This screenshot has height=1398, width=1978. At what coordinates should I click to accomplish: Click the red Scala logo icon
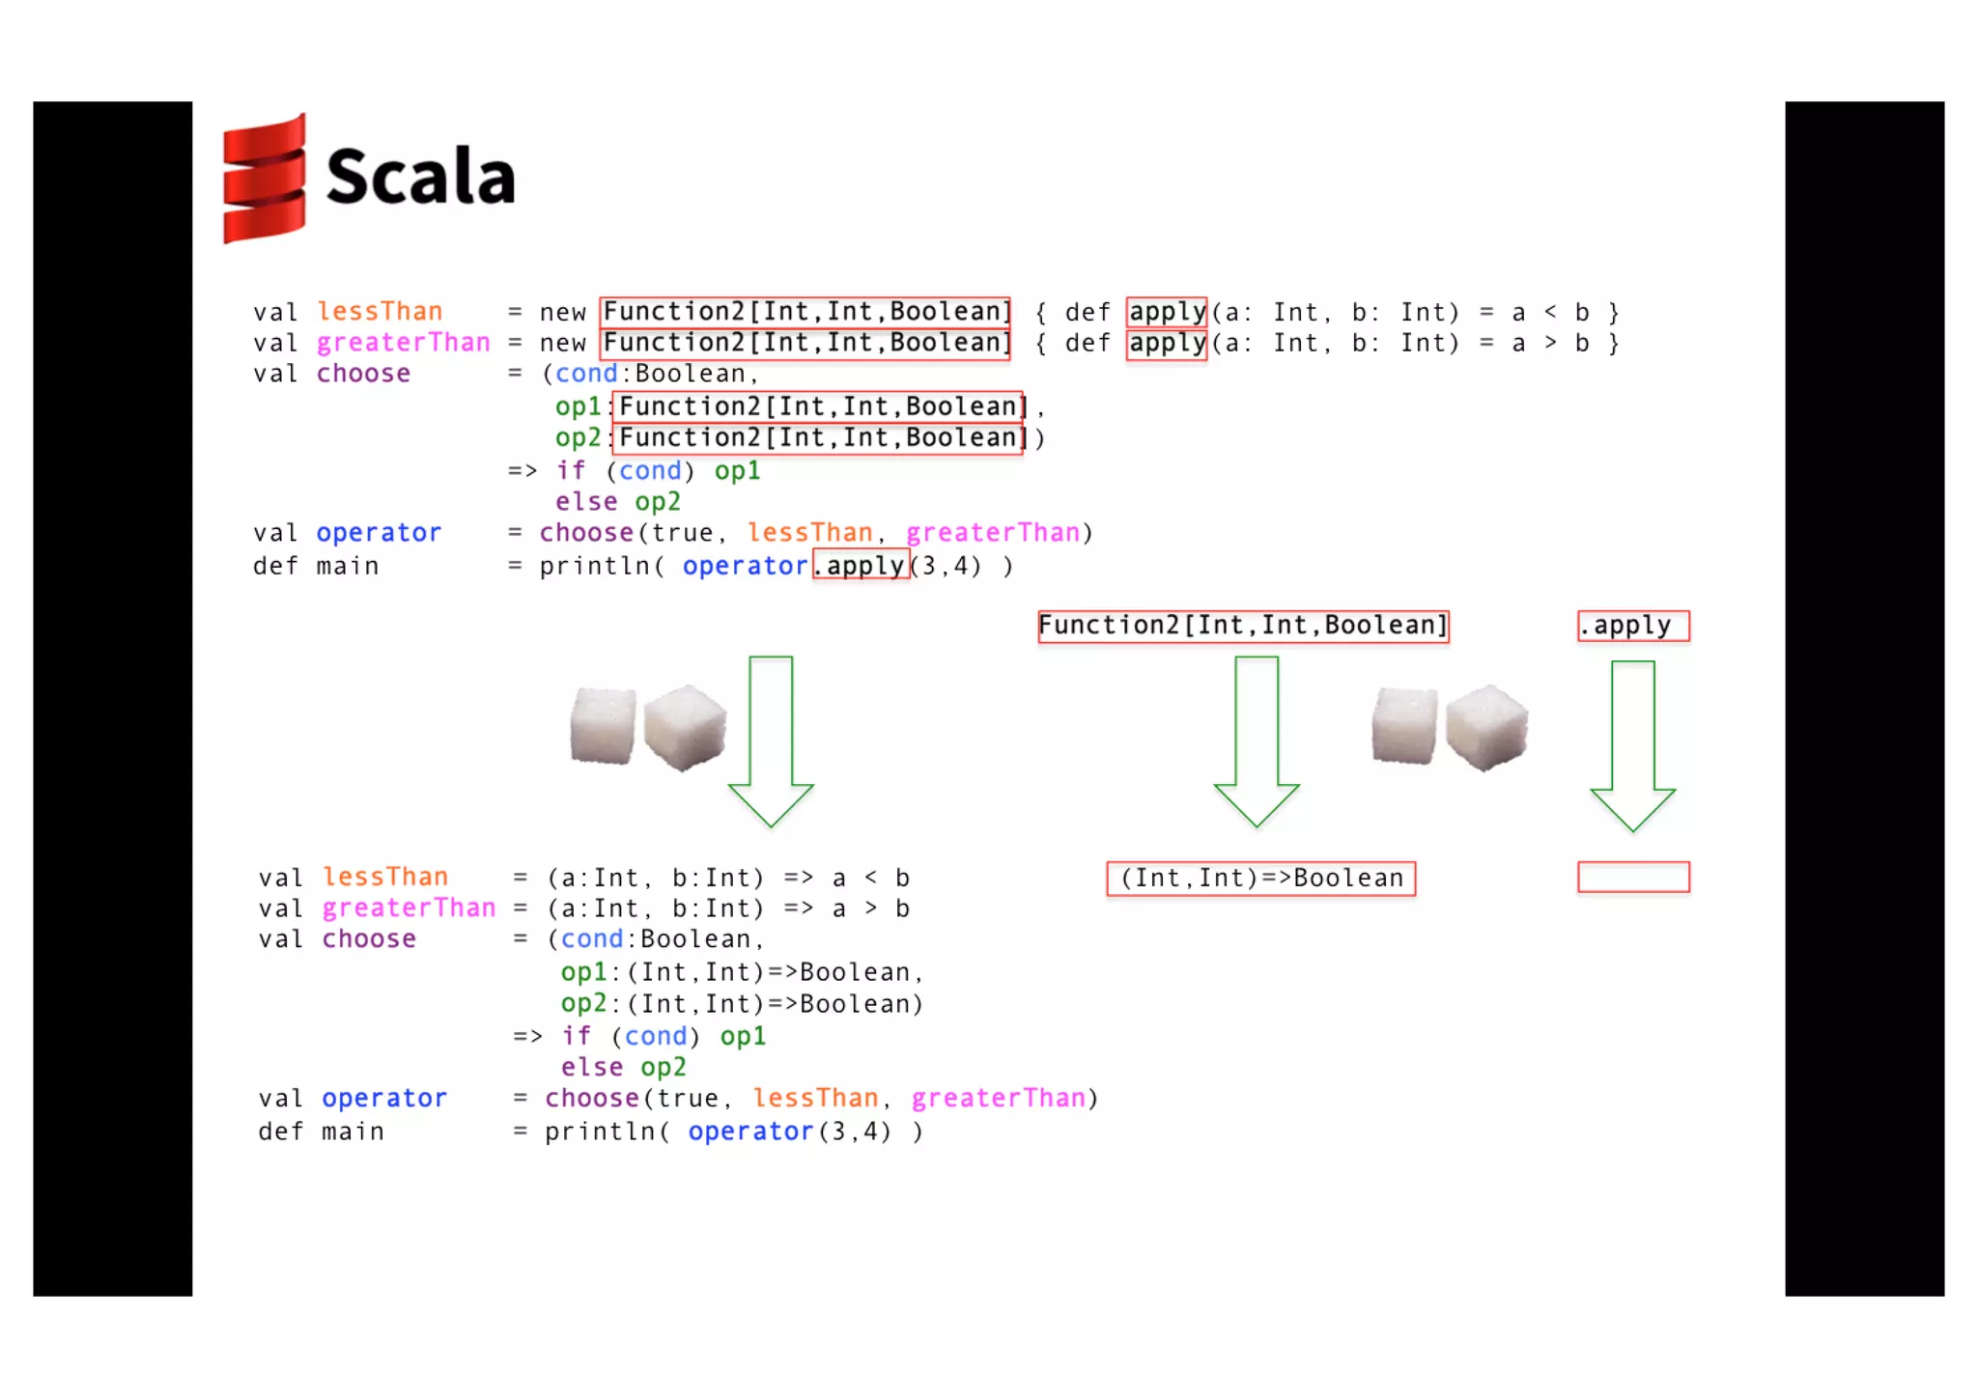(x=263, y=179)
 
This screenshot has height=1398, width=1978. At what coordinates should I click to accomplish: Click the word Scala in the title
(x=420, y=177)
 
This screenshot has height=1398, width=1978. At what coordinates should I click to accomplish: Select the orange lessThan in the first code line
(x=380, y=311)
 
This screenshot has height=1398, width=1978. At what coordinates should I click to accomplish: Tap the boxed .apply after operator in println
(x=861, y=566)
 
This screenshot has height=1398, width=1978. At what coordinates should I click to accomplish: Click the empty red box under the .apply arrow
(x=1632, y=877)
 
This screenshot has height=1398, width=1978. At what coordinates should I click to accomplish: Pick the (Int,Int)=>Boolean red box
(x=1260, y=878)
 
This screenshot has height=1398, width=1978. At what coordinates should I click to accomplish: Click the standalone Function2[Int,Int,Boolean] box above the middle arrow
(x=1243, y=626)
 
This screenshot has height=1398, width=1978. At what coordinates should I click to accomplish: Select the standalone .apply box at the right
(x=1632, y=626)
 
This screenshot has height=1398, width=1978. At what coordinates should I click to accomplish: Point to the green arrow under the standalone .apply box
(x=1632, y=743)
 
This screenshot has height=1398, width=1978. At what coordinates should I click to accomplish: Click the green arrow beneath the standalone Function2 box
(x=1256, y=740)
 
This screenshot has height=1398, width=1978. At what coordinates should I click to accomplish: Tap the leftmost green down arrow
(x=771, y=740)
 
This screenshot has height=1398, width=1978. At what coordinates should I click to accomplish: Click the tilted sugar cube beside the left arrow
(x=685, y=727)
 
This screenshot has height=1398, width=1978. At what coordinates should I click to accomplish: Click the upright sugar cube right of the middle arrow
(x=1403, y=726)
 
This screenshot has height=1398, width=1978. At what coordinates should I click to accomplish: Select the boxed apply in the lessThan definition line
(x=1167, y=312)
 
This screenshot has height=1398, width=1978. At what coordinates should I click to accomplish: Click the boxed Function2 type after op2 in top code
(x=818, y=438)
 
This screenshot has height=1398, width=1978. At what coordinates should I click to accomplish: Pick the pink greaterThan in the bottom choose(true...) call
(x=999, y=1099)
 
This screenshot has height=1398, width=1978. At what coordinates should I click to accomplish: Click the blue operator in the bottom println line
(x=750, y=1132)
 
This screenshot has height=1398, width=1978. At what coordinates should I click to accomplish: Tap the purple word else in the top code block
(x=585, y=502)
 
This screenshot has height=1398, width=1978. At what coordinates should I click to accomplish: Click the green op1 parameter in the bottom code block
(x=583, y=972)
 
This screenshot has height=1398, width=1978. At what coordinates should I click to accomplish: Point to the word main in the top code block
(x=347, y=567)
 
